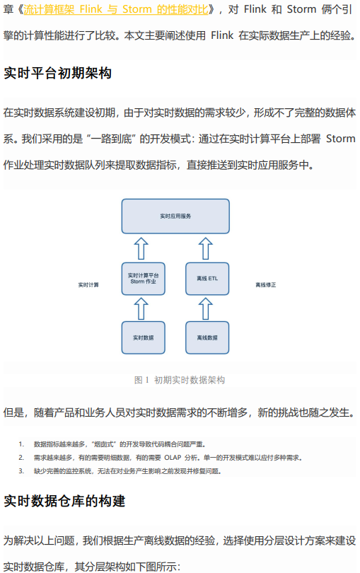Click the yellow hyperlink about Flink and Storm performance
point(116,9)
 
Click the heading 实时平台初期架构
point(58,74)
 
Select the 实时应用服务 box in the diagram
point(175,216)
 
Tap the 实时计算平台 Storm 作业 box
point(144,279)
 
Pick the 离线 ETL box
point(207,279)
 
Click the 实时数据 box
point(144,337)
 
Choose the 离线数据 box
point(207,337)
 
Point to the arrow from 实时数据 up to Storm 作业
point(141,308)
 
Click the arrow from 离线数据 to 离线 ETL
point(205,308)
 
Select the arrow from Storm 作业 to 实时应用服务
point(141,248)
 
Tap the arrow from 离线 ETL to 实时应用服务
point(205,248)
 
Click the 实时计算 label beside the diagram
point(88,284)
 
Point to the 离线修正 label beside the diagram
point(266,284)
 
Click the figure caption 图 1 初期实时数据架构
point(180,380)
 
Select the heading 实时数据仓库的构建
point(64,501)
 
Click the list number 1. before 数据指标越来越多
point(21,444)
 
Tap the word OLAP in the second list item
point(173,458)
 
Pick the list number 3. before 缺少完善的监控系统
point(21,471)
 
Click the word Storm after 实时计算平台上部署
point(341,139)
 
